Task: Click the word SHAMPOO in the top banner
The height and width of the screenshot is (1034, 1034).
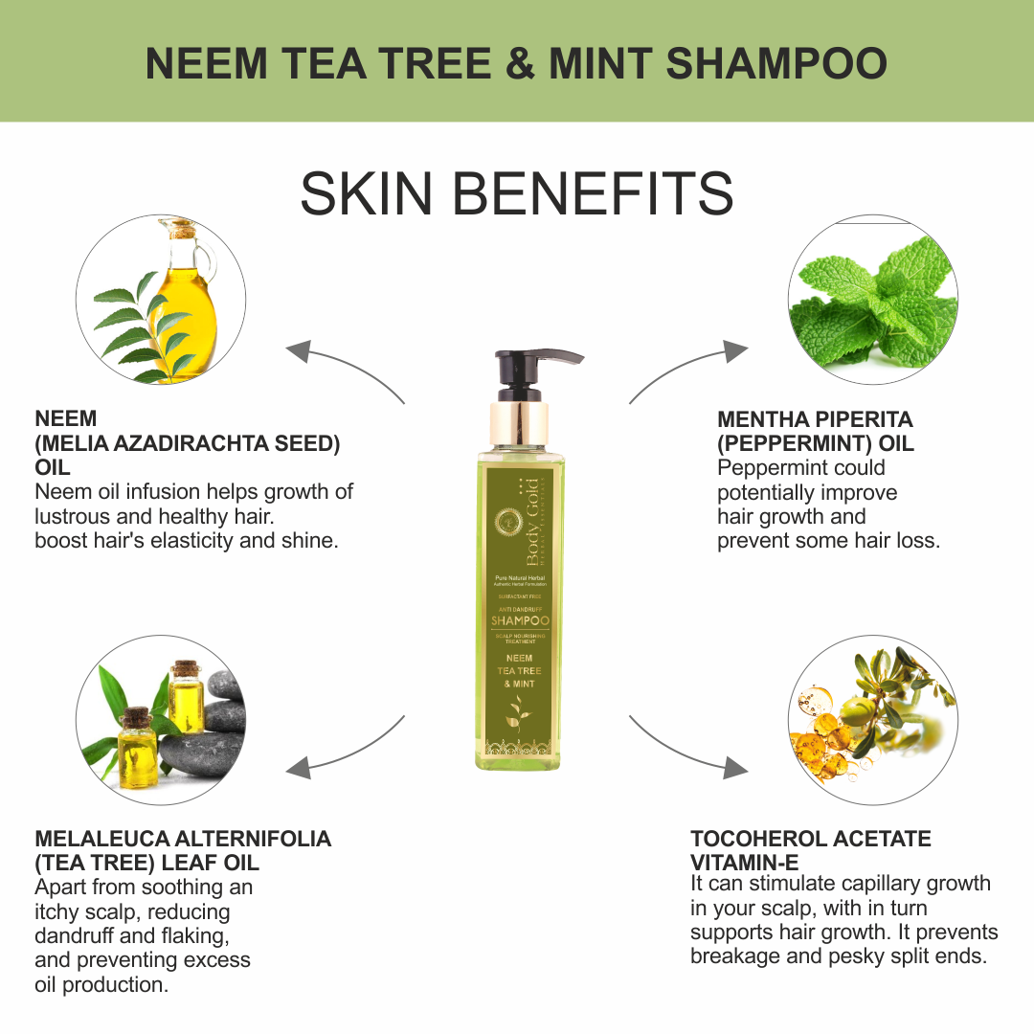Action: coord(776,64)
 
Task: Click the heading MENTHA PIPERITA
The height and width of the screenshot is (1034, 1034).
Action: coord(815,419)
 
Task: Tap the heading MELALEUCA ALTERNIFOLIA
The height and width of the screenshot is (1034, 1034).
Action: coord(183,839)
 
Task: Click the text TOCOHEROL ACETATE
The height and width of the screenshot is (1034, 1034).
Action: coord(810,839)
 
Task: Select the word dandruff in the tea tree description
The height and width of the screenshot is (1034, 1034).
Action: coord(79,935)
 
